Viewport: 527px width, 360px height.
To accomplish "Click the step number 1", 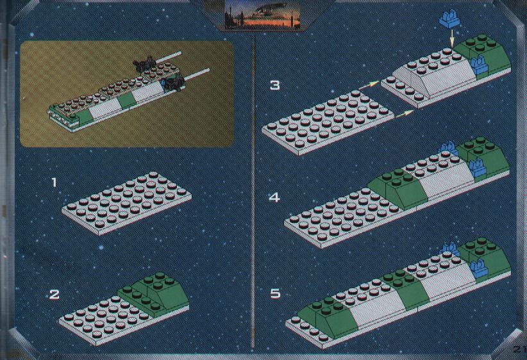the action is (x=54, y=183).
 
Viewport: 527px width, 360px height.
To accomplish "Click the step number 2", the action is (x=54, y=295).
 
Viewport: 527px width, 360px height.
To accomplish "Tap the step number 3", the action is (x=275, y=85).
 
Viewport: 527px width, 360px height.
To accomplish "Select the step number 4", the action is (x=274, y=197).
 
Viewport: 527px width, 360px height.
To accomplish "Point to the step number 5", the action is (x=275, y=293).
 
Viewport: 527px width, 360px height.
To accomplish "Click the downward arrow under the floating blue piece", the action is (x=452, y=38).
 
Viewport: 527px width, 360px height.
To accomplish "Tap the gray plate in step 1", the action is (x=127, y=203).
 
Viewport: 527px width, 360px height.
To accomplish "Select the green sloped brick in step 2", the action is (x=154, y=295).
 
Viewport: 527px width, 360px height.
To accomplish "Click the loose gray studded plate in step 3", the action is (x=328, y=122).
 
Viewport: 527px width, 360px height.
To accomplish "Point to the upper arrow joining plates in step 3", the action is (x=369, y=85).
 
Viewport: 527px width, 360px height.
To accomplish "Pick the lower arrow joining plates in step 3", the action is (x=404, y=114).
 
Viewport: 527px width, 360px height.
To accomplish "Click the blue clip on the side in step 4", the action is (x=478, y=168).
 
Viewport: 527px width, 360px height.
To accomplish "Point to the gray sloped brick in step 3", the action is (x=433, y=72).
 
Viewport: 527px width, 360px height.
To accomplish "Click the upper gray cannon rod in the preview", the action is (x=169, y=57).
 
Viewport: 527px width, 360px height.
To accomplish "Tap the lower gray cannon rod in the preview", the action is (x=197, y=74).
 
